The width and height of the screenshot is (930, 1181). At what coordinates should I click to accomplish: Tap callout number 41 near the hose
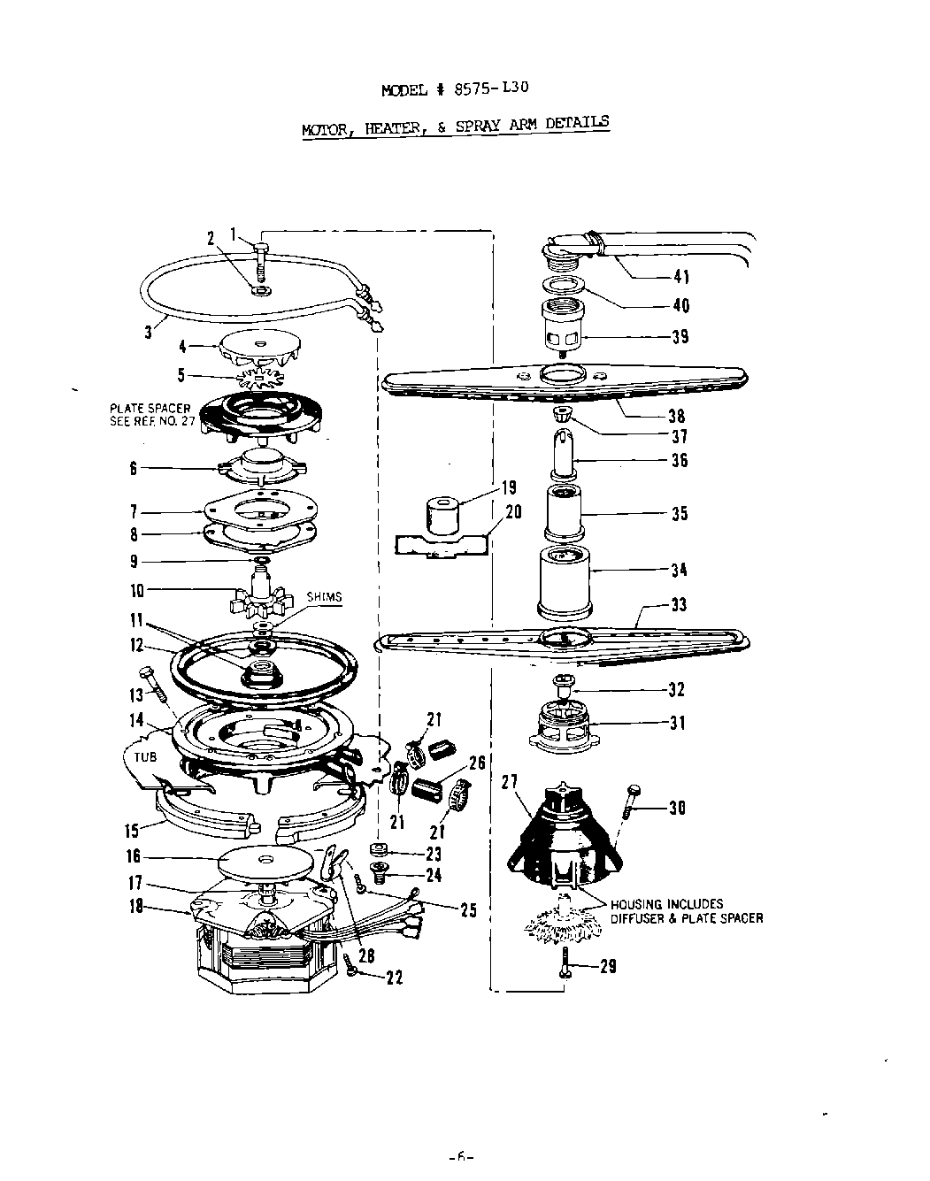681,277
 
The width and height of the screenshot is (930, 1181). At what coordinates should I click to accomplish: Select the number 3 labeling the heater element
149,333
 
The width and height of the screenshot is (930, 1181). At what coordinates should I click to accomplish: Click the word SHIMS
324,597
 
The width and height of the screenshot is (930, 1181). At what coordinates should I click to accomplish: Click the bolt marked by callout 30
631,801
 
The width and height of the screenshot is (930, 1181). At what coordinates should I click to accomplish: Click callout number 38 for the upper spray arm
677,416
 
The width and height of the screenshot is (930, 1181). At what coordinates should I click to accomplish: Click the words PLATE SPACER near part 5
150,410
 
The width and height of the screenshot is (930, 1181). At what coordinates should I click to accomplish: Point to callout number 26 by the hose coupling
476,763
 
